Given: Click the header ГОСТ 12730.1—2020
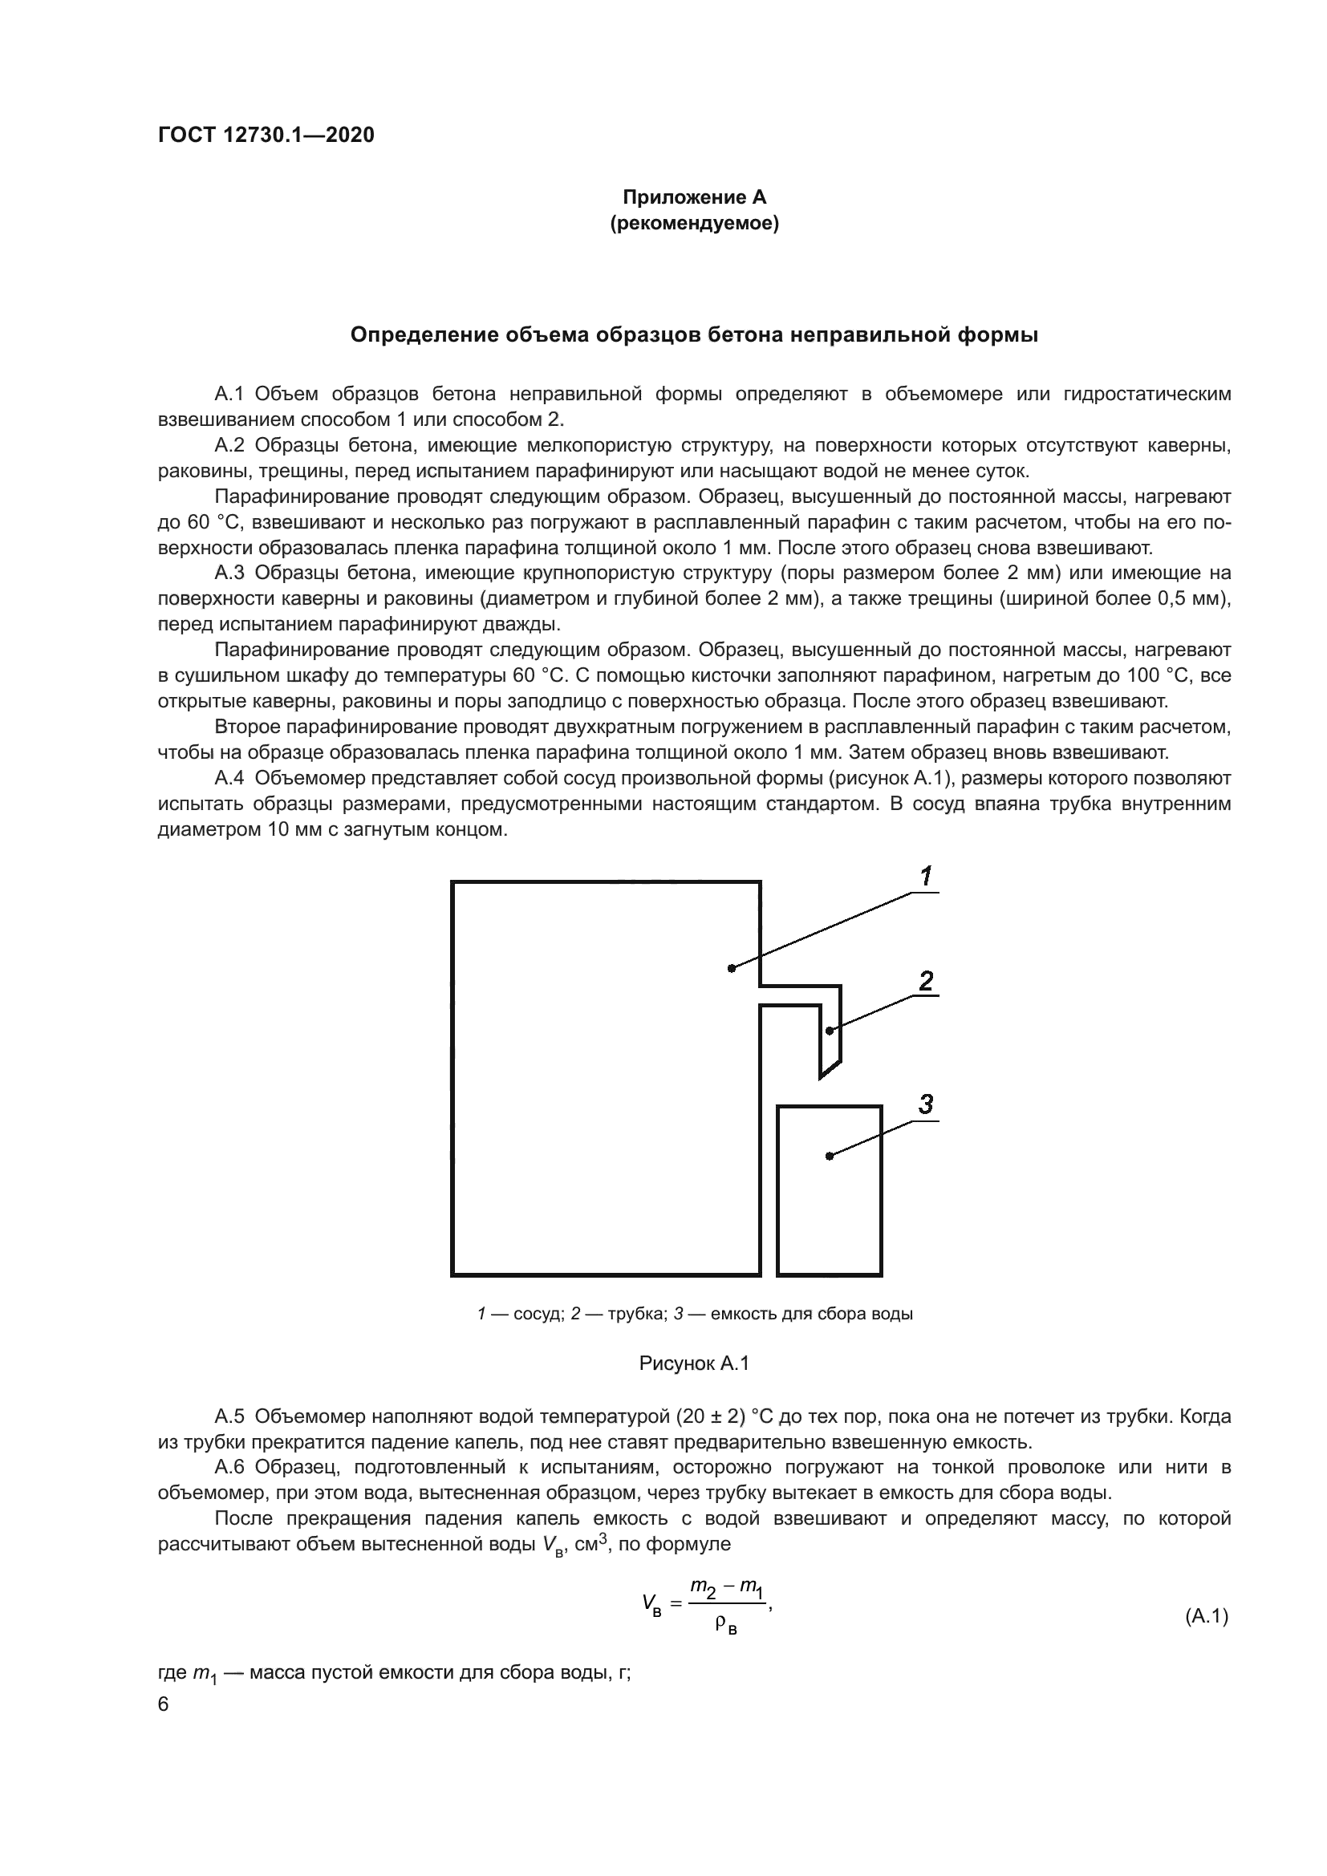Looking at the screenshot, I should tap(266, 136).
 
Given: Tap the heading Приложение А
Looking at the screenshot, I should tap(694, 197).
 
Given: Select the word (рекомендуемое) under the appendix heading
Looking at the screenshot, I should tap(694, 223).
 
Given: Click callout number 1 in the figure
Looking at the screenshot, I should tap(926, 877).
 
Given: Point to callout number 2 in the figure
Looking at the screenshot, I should tap(926, 980).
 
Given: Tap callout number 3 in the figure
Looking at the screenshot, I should tap(925, 1104).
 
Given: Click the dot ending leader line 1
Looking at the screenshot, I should tap(732, 968).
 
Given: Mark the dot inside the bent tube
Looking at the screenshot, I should tap(830, 1031).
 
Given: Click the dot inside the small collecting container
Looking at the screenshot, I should tap(830, 1155).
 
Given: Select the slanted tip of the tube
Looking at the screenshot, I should tap(830, 1070).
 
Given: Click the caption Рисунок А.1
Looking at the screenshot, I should tap(694, 1363).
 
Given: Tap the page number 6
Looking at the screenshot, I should tap(164, 1704).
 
